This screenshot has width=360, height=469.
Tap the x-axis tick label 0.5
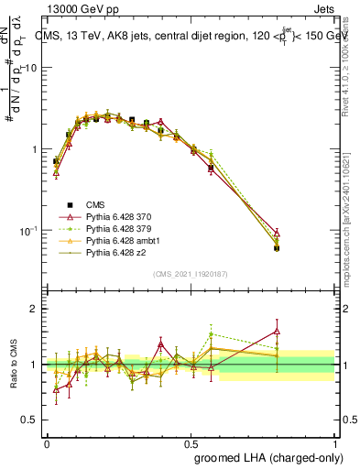pos(193,442)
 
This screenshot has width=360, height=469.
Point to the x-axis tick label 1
pos(341,442)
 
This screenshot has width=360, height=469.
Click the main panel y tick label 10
pos(29,69)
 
